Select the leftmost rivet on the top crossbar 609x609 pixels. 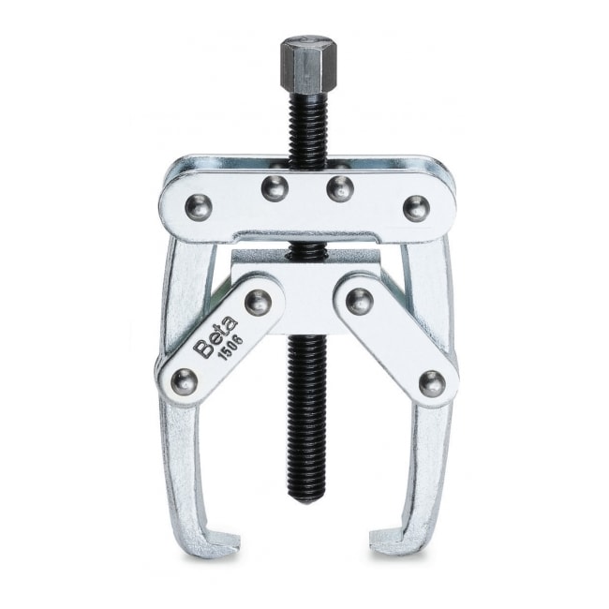coord(198,207)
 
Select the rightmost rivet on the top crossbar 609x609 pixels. coord(415,207)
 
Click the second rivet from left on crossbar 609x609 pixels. coord(273,188)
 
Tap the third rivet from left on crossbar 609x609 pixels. coord(340,188)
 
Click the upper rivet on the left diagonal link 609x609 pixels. coord(257,301)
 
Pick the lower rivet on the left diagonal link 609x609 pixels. coord(185,380)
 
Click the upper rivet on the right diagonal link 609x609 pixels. coord(358,301)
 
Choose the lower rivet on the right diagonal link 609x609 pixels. coord(430,380)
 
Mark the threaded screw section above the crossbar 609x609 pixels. coord(304,122)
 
